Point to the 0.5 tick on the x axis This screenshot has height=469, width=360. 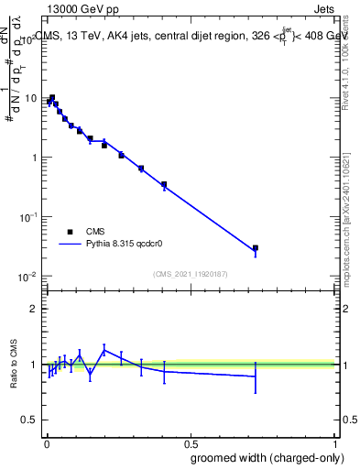point(190,439)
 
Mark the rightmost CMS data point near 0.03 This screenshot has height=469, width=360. point(256,247)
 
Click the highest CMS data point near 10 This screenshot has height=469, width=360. point(52,97)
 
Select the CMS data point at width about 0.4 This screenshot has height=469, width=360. point(164,184)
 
